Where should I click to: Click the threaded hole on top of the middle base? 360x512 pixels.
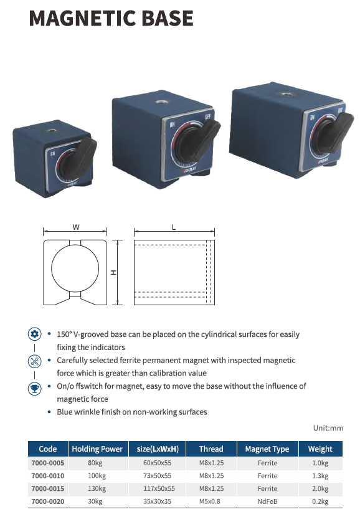coord(159,102)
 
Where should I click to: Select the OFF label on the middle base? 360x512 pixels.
coord(207,116)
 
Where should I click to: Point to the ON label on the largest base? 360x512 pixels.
coord(312,117)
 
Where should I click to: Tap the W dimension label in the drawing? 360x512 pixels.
coord(76,227)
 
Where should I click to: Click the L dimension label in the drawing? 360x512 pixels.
coord(174,227)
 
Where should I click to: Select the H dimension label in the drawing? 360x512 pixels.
coord(113,272)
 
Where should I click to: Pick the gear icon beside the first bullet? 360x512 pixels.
coord(35,334)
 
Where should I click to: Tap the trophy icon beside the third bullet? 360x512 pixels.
coord(35,388)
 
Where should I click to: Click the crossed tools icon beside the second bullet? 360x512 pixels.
coord(35,361)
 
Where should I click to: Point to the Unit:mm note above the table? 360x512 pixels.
coord(328,428)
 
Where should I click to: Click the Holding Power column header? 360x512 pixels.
coord(97,449)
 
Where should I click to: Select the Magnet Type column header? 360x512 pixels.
coord(267,449)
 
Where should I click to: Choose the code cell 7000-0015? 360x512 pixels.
coord(48,489)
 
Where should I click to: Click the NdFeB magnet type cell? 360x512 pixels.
coord(267,501)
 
